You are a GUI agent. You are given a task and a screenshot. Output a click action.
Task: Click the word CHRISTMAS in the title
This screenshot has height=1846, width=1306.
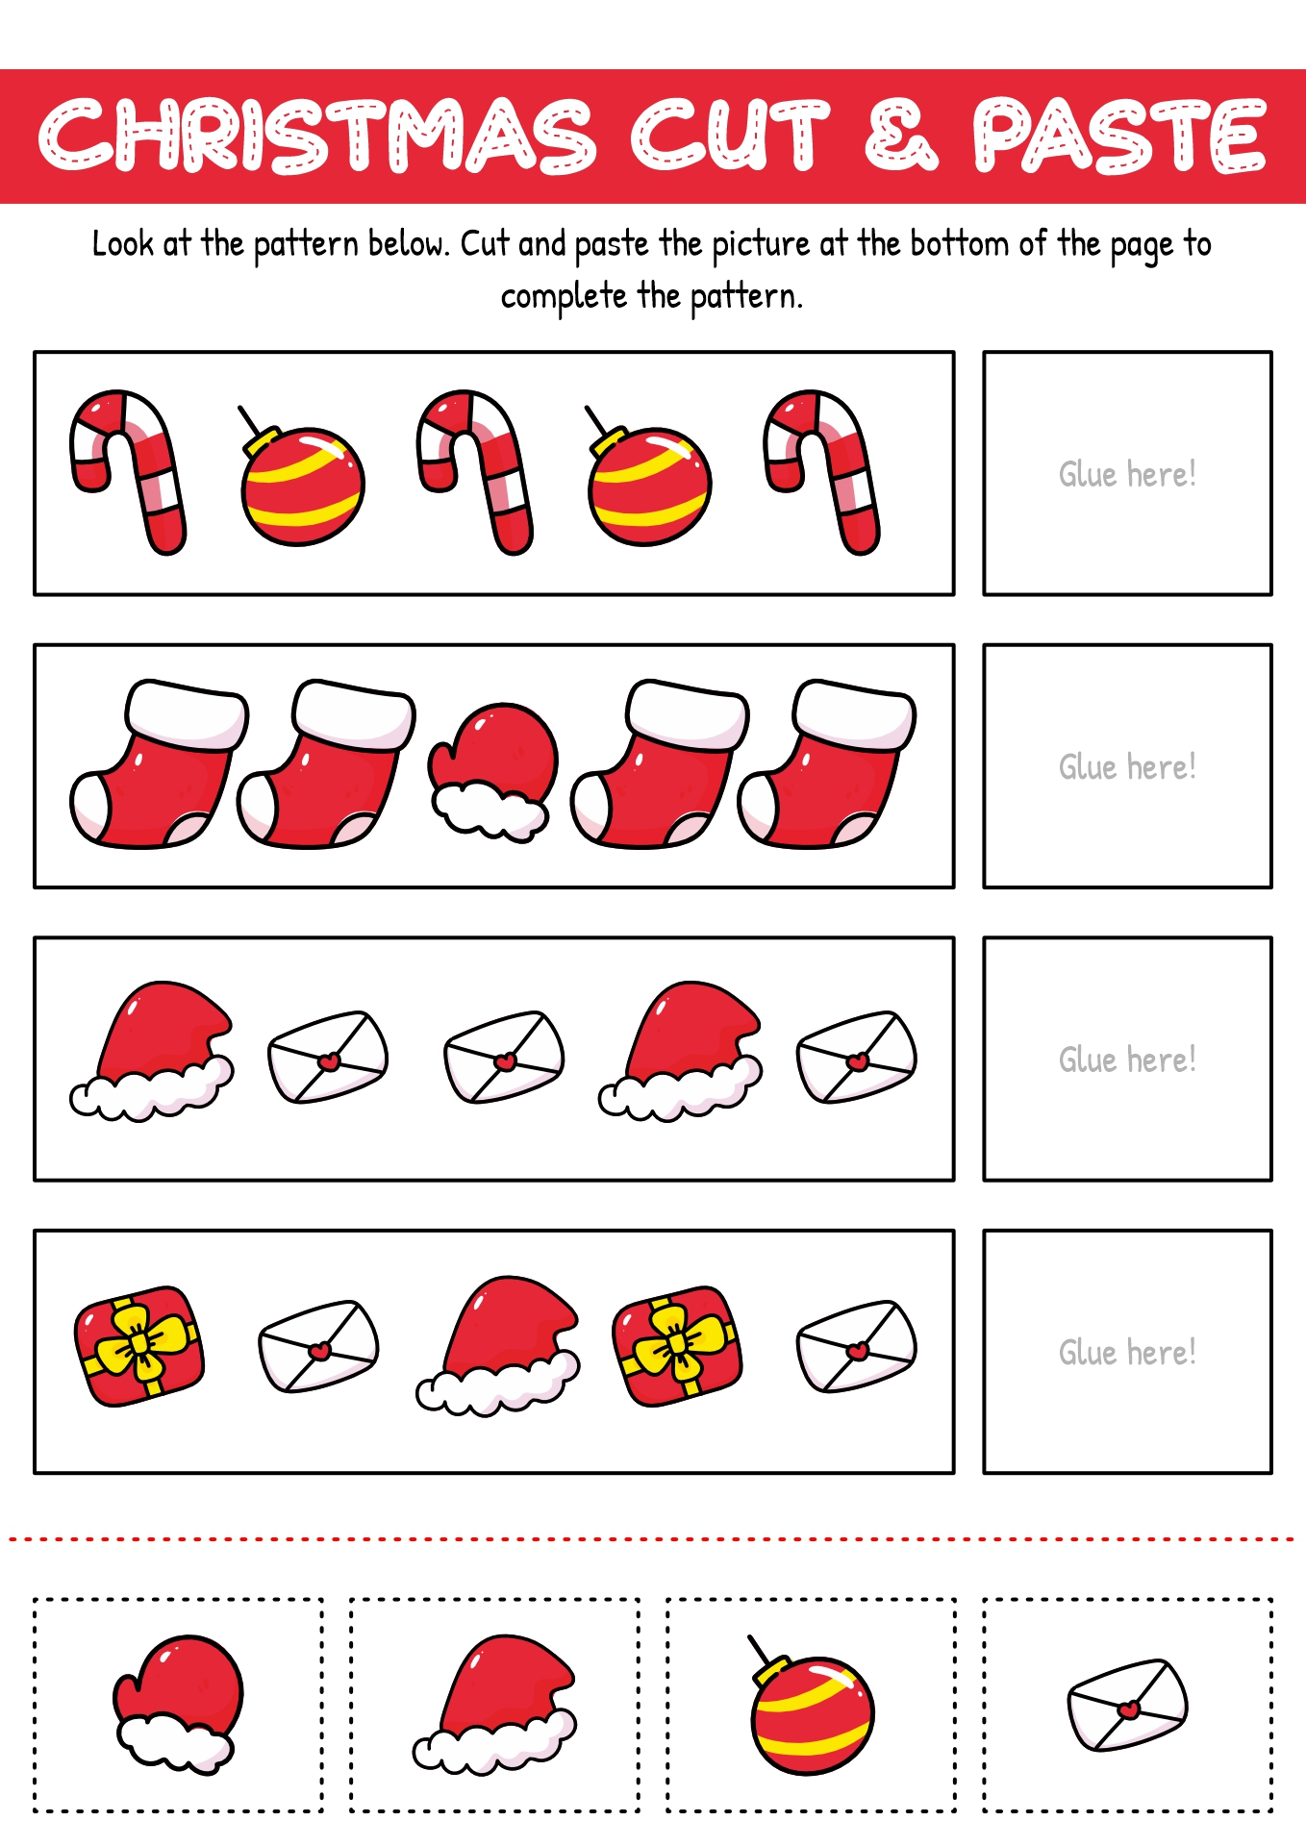pyautogui.click(x=318, y=136)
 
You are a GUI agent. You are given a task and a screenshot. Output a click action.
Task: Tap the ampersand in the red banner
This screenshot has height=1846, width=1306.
pyautogui.click(x=901, y=136)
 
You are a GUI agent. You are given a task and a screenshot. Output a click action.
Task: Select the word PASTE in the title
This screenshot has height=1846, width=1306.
pyautogui.click(x=1119, y=136)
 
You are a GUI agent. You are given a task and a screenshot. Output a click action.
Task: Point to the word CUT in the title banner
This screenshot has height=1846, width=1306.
pyautogui.click(x=729, y=136)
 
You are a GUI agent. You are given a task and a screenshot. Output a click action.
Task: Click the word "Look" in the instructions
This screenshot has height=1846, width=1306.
pyautogui.click(x=123, y=244)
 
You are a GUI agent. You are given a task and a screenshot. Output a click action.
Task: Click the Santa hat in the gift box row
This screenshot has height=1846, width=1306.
pyautogui.click(x=497, y=1346)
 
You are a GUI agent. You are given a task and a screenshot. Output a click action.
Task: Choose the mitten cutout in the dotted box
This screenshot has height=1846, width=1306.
pyautogui.click(x=179, y=1705)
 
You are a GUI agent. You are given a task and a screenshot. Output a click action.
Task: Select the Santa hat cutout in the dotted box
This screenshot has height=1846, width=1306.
pyautogui.click(x=495, y=1705)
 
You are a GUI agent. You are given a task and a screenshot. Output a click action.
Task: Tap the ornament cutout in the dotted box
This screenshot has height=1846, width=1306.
pyautogui.click(x=811, y=1705)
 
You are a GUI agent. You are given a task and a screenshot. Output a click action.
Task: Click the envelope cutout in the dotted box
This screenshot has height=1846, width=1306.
pyautogui.click(x=1128, y=1705)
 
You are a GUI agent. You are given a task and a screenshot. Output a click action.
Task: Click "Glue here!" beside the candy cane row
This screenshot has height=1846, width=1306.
pyautogui.click(x=1127, y=474)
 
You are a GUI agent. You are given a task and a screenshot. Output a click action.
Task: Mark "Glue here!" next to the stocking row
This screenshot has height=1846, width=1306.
pyautogui.click(x=1127, y=767)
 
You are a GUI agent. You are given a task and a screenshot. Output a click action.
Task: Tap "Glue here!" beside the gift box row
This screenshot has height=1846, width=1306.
pyautogui.click(x=1127, y=1353)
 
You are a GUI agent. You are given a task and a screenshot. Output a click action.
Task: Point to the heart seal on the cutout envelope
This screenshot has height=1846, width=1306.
pyautogui.click(x=1129, y=1709)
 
